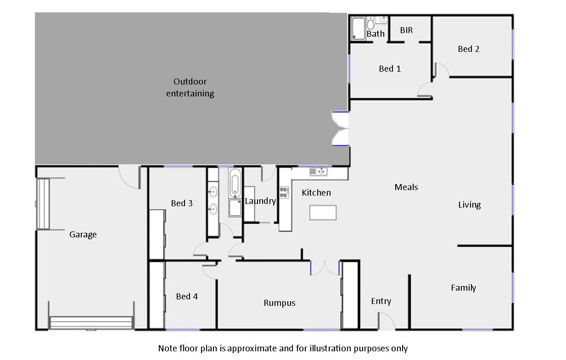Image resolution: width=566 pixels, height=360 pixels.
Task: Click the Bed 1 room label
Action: coord(390,69)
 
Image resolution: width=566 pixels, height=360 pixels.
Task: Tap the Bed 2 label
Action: coord(469,49)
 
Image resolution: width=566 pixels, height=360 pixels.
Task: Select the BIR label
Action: coord(406,30)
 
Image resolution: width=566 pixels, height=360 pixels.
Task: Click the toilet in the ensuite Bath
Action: coord(370,23)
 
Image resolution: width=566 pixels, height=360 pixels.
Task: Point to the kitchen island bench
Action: coord(323,213)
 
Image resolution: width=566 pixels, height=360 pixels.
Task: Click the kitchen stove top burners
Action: coord(284,192)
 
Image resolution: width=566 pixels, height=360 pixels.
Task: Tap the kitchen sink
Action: coord(319,172)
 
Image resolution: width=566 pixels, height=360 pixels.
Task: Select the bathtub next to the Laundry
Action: coord(235,183)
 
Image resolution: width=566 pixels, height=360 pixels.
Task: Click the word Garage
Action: coord(83,235)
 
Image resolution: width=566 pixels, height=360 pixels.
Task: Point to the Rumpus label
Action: coord(280,303)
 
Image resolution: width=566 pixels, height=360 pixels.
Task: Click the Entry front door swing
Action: coord(387,321)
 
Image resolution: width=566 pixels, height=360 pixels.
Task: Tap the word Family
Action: coord(464,288)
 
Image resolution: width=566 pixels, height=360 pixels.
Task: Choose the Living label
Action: coord(470,205)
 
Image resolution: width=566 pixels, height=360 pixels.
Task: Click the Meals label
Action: coord(406,187)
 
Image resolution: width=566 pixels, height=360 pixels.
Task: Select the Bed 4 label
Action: coord(187,297)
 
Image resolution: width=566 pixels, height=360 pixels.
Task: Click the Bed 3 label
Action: coord(182,203)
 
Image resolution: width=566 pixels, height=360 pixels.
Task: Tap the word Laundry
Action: coord(260,201)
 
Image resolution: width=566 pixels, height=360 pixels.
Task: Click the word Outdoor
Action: coord(190,82)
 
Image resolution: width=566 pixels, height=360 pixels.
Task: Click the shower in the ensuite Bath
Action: coord(359,28)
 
